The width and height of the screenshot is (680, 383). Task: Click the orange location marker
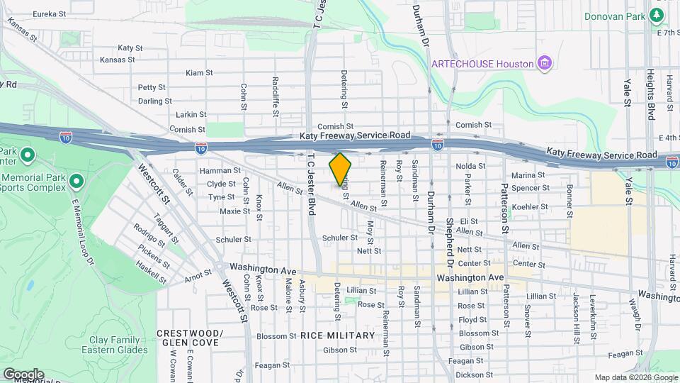pos(340,169)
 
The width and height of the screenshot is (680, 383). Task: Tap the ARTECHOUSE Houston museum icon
pos(544,64)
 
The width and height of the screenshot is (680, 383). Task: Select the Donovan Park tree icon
pos(658,15)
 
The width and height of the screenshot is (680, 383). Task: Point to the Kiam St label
pos(199,73)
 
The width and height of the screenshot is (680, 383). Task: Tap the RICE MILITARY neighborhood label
pos(337,335)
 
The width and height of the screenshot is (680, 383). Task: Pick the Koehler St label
pos(525,206)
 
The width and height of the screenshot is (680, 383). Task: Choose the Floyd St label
pos(472,320)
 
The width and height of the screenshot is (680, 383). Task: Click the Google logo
pos(23,374)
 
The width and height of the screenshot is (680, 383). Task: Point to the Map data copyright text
pos(635,377)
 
